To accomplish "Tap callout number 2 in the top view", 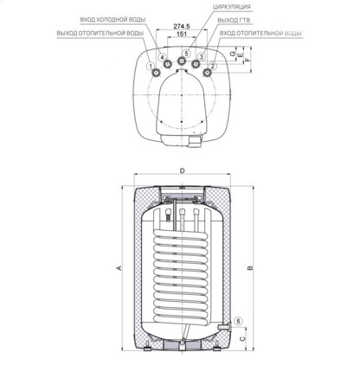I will click(213, 66).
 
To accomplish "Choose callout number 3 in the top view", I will click(201, 58).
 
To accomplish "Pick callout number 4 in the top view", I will click(162, 58).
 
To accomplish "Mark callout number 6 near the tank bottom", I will click(240, 321).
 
